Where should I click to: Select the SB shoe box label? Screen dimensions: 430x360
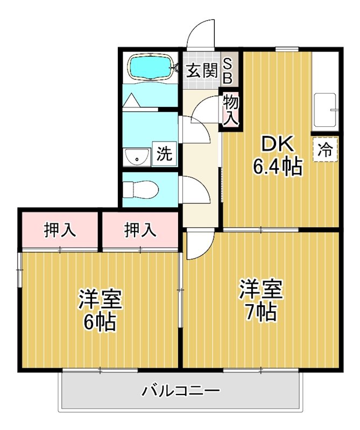click(x=227, y=70)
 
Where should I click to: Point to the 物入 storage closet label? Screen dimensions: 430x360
click(x=230, y=110)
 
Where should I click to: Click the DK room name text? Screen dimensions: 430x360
click(x=278, y=144)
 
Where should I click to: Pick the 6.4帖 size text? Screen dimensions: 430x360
click(x=277, y=168)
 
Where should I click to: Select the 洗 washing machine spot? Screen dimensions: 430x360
click(x=165, y=154)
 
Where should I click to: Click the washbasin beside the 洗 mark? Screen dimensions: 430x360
click(x=137, y=157)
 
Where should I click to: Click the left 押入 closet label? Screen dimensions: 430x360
click(x=60, y=230)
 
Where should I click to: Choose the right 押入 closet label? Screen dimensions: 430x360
click(x=140, y=230)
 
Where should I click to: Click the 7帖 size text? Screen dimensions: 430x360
click(x=261, y=312)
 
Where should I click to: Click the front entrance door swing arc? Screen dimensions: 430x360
click(x=202, y=33)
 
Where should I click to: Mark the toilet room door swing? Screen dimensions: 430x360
click(x=195, y=189)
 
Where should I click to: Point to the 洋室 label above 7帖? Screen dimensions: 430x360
click(x=261, y=289)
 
